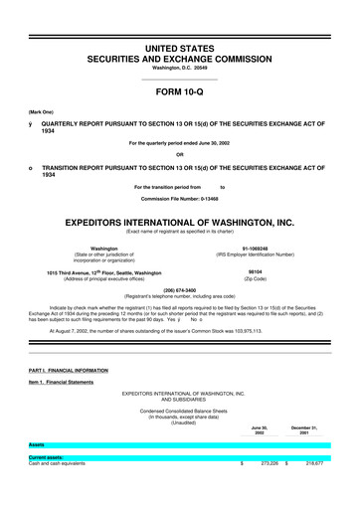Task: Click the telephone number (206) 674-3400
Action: [179, 292]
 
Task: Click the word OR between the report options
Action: [179, 153]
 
